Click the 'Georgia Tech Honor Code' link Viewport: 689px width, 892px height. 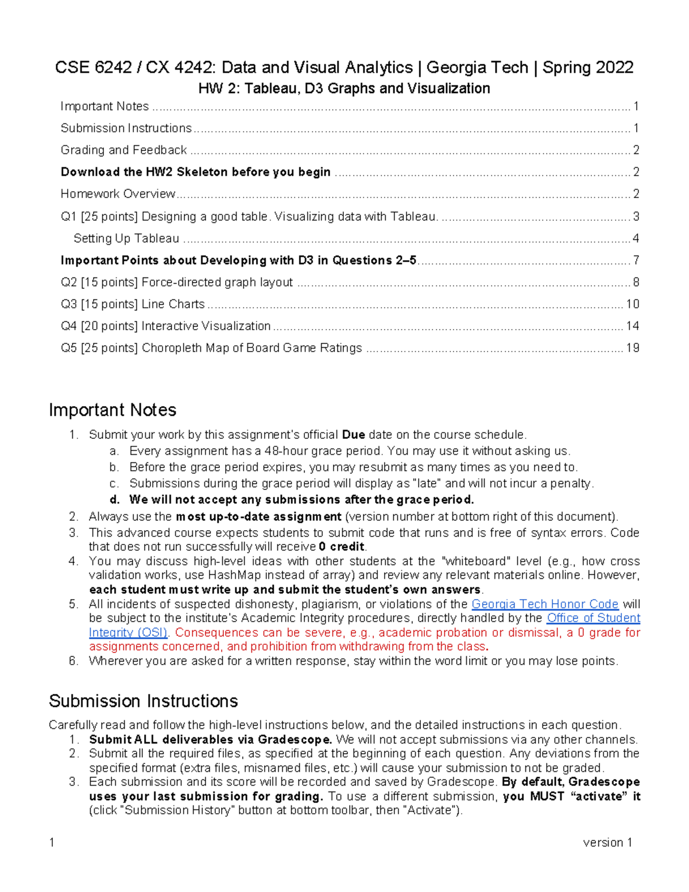pyautogui.click(x=544, y=604)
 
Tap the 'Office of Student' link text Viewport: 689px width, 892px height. pyautogui.click(x=593, y=618)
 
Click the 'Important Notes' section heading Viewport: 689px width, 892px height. pyautogui.click(x=113, y=410)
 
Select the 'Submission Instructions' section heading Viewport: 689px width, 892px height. pyautogui.click(x=144, y=701)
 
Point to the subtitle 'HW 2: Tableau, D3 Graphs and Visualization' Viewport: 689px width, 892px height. pyautogui.click(x=344, y=88)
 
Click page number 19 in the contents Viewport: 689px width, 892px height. pyautogui.click(x=632, y=348)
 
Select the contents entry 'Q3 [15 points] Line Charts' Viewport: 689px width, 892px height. pyautogui.click(x=133, y=304)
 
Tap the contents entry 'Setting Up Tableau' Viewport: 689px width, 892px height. pyautogui.click(x=126, y=238)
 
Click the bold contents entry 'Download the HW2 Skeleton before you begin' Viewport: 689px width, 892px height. pyautogui.click(x=195, y=172)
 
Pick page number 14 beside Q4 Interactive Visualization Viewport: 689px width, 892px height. pyautogui.click(x=632, y=326)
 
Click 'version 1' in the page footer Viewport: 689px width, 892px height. pyautogui.click(x=607, y=843)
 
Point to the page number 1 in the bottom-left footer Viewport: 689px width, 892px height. pyautogui.click(x=52, y=843)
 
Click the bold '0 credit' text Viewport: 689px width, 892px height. pyautogui.click(x=342, y=547)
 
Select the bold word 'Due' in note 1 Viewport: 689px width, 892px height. pyautogui.click(x=353, y=435)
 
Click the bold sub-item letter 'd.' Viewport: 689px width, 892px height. pyautogui.click(x=115, y=500)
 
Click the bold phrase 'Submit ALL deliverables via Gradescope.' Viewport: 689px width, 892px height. pyautogui.click(x=210, y=740)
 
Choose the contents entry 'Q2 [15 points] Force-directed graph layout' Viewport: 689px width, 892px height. pyautogui.click(x=177, y=283)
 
